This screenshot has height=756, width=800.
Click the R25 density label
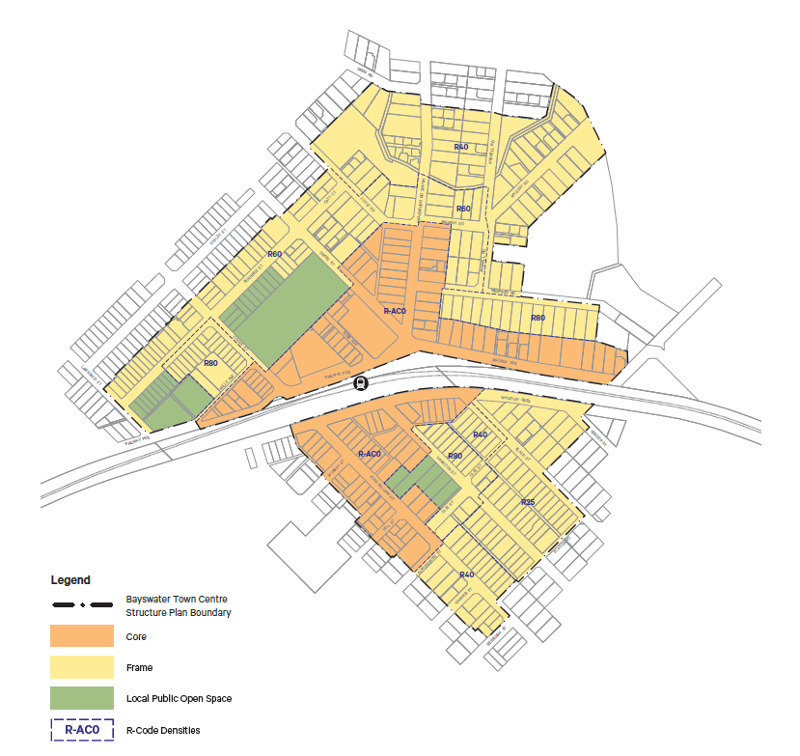pos(528,503)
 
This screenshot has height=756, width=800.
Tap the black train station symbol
pos(360,382)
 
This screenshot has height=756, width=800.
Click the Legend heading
pos(70,580)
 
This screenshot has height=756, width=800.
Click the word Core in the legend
pos(136,637)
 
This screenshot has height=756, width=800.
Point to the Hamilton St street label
pos(229,385)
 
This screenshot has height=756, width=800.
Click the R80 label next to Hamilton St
pos(211,363)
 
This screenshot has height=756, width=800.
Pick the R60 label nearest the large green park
pos(274,254)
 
